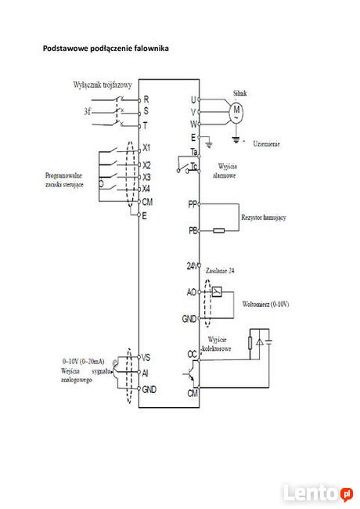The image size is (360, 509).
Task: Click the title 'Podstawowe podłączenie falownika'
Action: tap(105, 49)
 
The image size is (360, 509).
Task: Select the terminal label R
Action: tap(146, 99)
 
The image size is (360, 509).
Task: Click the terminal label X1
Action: tap(146, 148)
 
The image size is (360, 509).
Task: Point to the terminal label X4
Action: tap(146, 189)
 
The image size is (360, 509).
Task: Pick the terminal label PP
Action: tap(193, 204)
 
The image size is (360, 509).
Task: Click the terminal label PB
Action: tap(193, 230)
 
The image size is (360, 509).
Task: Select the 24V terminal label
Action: tap(193, 266)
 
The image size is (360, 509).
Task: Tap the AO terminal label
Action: tap(192, 291)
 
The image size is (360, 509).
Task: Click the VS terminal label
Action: tap(147, 356)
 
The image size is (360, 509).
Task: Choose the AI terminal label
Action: tap(146, 373)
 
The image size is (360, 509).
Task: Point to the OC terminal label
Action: tap(192, 354)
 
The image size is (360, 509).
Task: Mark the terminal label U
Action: tap(193, 99)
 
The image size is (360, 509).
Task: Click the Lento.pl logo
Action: tap(318, 493)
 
